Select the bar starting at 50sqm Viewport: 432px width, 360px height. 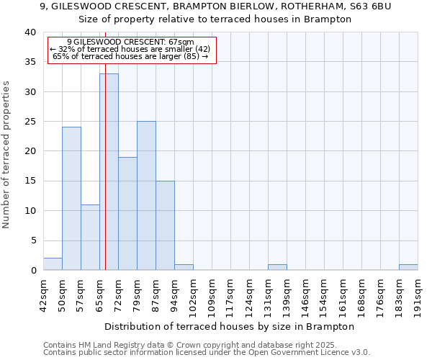point(71,198)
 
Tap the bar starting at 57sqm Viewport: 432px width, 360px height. point(90,237)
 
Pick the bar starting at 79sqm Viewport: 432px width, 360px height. point(146,195)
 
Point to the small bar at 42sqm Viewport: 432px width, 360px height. point(53,264)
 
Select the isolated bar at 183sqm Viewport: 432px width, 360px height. point(408,267)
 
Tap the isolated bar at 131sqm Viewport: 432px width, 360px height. point(277,267)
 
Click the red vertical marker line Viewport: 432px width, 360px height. point(105,144)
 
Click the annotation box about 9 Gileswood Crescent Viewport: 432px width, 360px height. point(132,49)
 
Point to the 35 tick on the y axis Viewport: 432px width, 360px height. point(30,62)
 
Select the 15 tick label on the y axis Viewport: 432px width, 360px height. point(30,181)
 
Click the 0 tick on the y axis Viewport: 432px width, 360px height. point(32,271)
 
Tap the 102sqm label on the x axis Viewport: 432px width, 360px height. point(193,292)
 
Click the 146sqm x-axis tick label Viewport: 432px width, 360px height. point(305,292)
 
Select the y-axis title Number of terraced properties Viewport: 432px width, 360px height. point(6,154)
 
